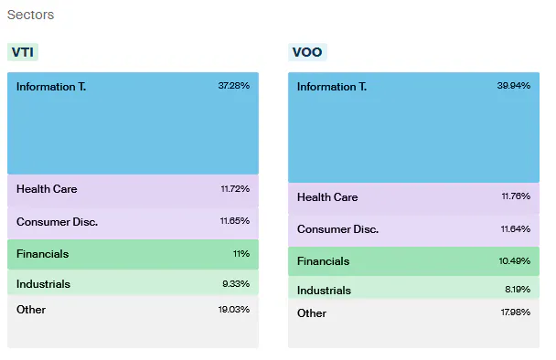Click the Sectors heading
30,16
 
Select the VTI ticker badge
23,52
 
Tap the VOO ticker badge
307,52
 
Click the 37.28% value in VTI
233,85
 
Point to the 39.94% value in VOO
514,86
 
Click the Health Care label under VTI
47,189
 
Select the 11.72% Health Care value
234,189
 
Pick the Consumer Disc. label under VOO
337,229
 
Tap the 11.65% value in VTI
234,222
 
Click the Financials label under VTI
42,254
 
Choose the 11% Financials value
241,254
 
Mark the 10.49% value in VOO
514,261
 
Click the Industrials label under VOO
324,291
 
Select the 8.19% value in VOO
516,291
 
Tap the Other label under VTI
31,310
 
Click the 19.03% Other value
233,310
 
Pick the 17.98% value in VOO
514,313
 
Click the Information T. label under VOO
332,87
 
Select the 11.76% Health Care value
514,197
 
